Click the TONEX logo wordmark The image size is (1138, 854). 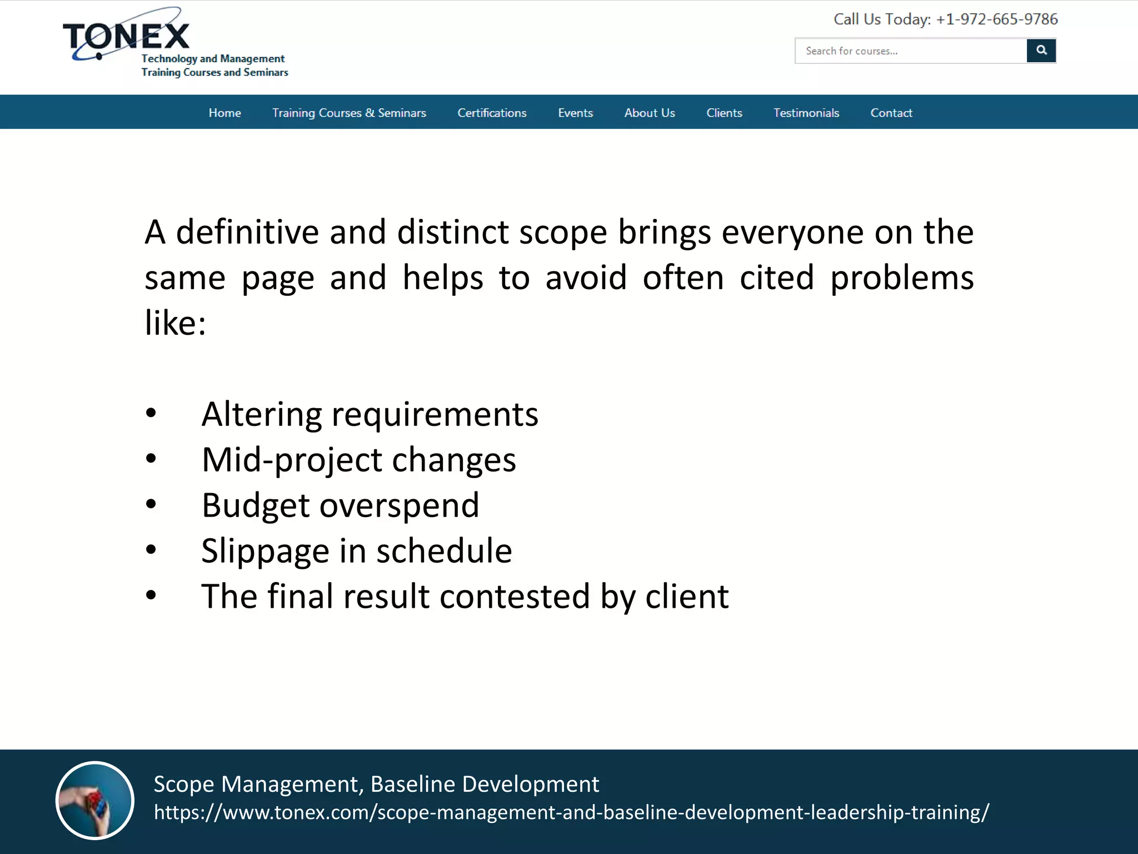[x=127, y=37]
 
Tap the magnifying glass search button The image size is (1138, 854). [x=1041, y=51]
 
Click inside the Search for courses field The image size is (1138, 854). [x=910, y=51]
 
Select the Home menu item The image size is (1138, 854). [x=224, y=113]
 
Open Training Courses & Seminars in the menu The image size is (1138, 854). [x=349, y=113]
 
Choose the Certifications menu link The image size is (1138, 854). [x=492, y=113]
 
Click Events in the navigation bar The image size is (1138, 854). [x=575, y=113]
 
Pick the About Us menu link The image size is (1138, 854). [x=649, y=113]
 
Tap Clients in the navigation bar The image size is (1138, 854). [x=724, y=113]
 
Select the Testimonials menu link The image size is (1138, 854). [x=806, y=113]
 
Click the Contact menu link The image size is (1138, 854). [x=891, y=113]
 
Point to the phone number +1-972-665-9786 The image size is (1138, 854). [x=996, y=19]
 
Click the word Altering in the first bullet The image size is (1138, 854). [x=261, y=415]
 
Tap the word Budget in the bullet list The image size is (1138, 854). [x=255, y=506]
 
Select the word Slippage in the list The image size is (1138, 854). [x=265, y=552]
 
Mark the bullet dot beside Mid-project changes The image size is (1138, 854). [x=151, y=459]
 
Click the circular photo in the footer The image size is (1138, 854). [x=95, y=800]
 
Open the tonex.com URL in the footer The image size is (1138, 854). [x=571, y=813]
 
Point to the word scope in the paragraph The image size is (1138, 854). [x=562, y=232]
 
